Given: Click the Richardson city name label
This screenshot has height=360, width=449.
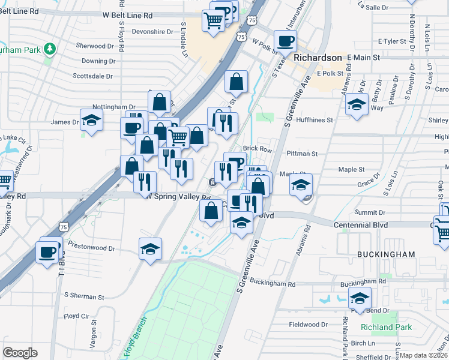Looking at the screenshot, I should pyautogui.click(x=318, y=58).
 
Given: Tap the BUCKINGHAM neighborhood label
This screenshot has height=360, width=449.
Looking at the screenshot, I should pyautogui.click(x=386, y=254).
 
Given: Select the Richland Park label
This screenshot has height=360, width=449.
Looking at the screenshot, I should pyautogui.click(x=387, y=328).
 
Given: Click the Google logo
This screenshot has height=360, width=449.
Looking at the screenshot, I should pyautogui.click(x=20, y=353).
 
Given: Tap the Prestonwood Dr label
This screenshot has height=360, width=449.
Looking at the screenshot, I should pyautogui.click(x=91, y=247).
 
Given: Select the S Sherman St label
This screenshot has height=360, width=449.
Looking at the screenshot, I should pyautogui.click(x=84, y=296).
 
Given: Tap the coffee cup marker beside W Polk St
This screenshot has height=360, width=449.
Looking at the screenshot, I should pyautogui.click(x=285, y=41).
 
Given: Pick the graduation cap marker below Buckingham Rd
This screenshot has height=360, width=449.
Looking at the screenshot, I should pyautogui.click(x=360, y=298).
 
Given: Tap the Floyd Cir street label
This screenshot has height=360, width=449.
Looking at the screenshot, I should pyautogui.click(x=76, y=316).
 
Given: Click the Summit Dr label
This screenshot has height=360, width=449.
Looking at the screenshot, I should pyautogui.click(x=370, y=212).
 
